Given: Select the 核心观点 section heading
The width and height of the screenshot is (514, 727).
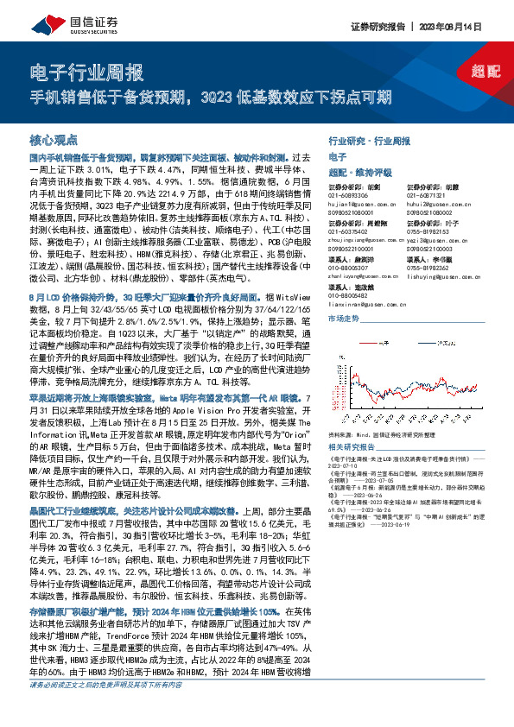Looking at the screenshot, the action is [54, 139].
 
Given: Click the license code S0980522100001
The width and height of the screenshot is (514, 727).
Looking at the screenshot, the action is [353, 250].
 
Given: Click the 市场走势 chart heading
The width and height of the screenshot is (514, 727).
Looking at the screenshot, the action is [345, 319].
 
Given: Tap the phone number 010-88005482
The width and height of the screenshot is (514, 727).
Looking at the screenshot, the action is [349, 296].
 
